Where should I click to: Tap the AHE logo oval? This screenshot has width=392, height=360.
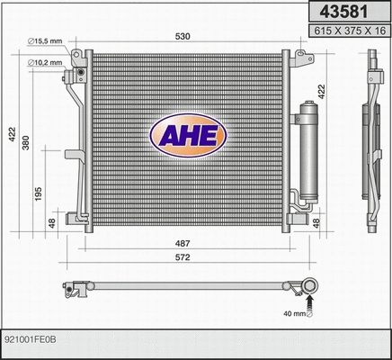click(x=189, y=137)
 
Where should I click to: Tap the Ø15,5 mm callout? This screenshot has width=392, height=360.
click(x=48, y=42)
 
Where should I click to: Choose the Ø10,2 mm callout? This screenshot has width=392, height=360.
click(x=48, y=62)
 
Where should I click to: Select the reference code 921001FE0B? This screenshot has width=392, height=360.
click(x=31, y=340)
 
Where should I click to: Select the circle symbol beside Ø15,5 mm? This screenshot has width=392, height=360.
click(x=30, y=42)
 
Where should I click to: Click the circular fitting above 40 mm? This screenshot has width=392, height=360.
click(x=310, y=289)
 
